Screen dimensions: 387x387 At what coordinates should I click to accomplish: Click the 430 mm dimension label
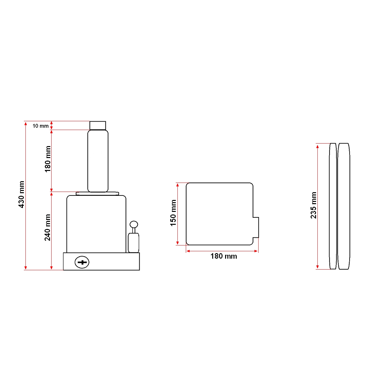pyautogui.click(x=21, y=194)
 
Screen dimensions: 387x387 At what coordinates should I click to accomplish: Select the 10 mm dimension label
pyautogui.click(x=40, y=126)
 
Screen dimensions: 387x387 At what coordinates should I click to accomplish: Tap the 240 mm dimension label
pyautogui.click(x=47, y=227)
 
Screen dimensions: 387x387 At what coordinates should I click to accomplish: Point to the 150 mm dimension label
pyautogui.click(x=173, y=213)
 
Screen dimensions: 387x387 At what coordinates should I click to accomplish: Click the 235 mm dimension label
pyautogui.click(x=313, y=205)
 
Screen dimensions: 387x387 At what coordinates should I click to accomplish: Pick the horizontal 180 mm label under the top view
pyautogui.click(x=223, y=256)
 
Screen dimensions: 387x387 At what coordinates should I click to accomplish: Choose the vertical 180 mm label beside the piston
pyautogui.click(x=47, y=159)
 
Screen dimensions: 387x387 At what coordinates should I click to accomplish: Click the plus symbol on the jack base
pyautogui.click(x=82, y=262)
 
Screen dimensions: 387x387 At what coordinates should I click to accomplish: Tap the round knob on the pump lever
pyautogui.click(x=134, y=224)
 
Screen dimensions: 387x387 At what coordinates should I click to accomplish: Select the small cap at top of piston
pyautogui.click(x=98, y=125)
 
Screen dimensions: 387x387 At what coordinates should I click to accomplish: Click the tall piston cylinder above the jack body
pyautogui.click(x=98, y=161)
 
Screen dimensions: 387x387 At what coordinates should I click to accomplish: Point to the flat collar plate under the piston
pyautogui.click(x=97, y=193)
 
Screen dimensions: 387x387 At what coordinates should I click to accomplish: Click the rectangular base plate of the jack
pyautogui.click(x=110, y=262)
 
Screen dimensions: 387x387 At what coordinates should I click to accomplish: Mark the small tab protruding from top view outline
pyautogui.click(x=256, y=227)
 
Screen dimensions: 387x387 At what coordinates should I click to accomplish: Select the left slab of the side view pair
pyautogui.click(x=333, y=206)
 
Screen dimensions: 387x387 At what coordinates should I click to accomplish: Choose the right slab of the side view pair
pyautogui.click(x=344, y=206)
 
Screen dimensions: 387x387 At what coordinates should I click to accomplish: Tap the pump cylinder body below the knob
pyautogui.click(x=134, y=243)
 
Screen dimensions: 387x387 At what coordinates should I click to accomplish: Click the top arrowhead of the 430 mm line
pyautogui.click(x=26, y=123)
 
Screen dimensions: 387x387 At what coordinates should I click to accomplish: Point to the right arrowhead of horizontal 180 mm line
pyautogui.click(x=256, y=251)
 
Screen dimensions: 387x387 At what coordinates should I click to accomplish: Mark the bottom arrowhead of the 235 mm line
pyautogui.click(x=318, y=267)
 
